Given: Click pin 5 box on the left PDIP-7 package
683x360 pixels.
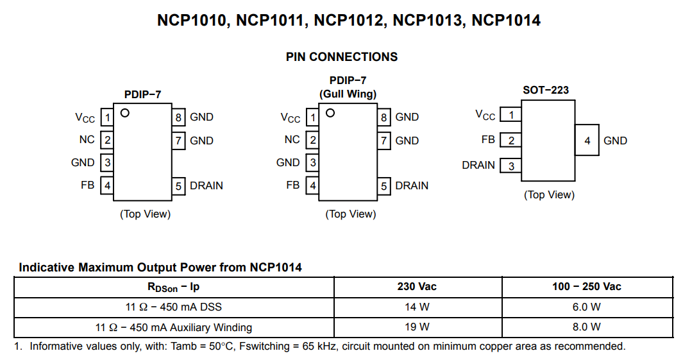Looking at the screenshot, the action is (178, 186).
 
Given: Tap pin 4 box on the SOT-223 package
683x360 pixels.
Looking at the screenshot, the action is (587, 141).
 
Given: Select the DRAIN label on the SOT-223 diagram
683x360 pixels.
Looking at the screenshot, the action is (478, 165).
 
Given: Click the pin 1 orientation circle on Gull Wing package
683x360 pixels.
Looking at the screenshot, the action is (330, 113).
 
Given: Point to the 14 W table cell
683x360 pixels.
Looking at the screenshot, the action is (417, 307).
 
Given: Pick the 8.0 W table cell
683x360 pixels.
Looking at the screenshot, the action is (586, 327).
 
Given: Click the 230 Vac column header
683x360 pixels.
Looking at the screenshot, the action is (417, 286).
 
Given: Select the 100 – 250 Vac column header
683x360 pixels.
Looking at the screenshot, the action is (586, 286).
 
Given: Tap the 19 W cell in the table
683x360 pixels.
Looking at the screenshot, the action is (417, 327).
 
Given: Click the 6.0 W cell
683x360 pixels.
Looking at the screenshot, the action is (586, 307).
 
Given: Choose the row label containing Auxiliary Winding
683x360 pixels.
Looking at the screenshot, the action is (173, 327).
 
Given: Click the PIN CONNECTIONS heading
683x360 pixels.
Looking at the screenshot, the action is (341, 56).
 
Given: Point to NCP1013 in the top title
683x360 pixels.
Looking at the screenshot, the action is (427, 20).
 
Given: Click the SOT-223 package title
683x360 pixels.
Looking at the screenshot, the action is (546, 90).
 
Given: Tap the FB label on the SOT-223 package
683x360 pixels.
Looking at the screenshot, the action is (488, 139).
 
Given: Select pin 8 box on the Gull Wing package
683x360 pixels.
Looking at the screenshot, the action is (384, 117).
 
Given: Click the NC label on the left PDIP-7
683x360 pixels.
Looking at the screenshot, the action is (87, 139).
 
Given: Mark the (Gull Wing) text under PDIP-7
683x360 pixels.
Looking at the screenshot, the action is (348, 94).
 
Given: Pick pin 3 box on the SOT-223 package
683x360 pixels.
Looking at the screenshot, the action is (511, 166).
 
